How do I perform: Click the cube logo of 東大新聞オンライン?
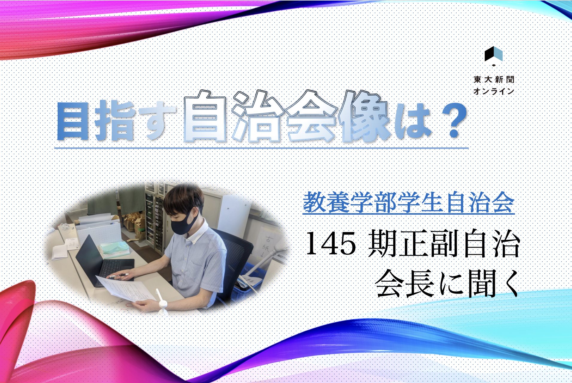493,56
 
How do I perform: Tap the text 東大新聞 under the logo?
494,80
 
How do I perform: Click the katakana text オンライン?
494,91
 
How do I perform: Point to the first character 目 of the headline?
74,121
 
